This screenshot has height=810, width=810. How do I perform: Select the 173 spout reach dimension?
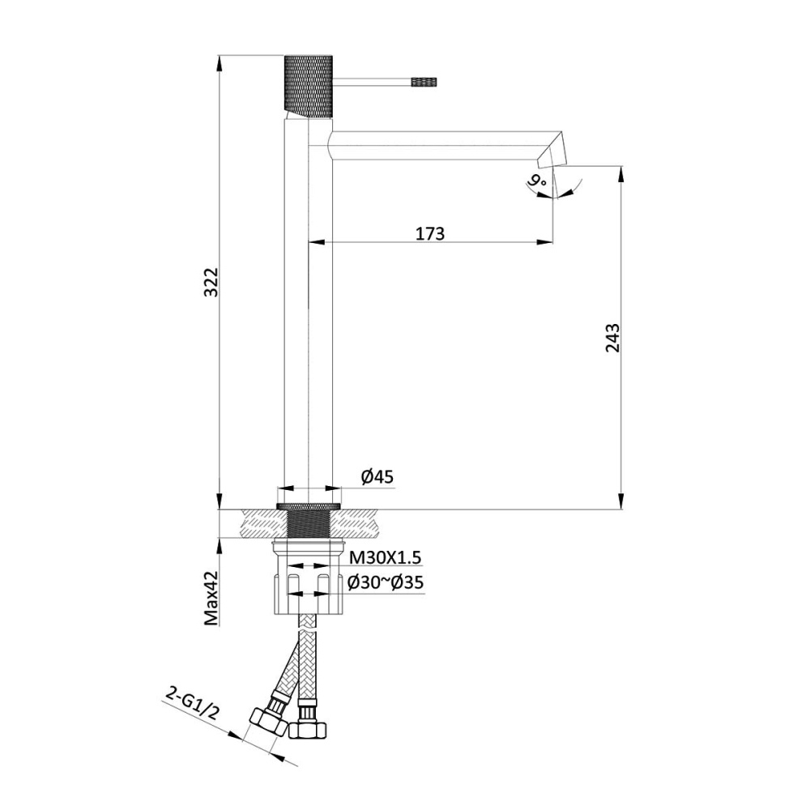430,233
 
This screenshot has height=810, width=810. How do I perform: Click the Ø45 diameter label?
377,477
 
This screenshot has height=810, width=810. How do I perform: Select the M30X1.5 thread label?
386,557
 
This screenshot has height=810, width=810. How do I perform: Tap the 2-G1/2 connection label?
191,701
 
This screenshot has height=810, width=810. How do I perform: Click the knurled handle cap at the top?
309,85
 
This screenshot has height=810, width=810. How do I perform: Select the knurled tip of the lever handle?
424,81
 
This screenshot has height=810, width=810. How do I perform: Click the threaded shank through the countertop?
309,522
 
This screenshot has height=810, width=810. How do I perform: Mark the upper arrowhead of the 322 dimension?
220,62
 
